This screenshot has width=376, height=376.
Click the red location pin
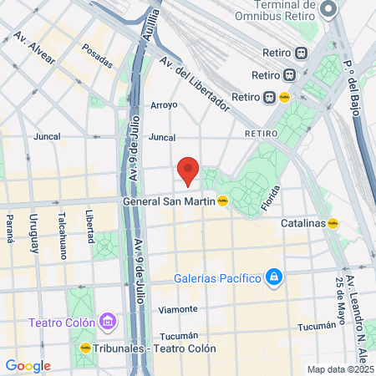(x=189, y=170)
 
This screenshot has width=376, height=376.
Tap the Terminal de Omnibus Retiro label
(x=272, y=9)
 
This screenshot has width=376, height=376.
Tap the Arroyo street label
(x=164, y=105)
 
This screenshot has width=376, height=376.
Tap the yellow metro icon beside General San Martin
(x=222, y=201)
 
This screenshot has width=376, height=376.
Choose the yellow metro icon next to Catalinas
(x=333, y=223)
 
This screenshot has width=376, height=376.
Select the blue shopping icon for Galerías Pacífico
(x=272, y=277)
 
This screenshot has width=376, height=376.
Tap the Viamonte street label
(x=178, y=308)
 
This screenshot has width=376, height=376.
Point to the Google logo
(x=28, y=365)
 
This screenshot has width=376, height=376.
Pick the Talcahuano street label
(x=63, y=226)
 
